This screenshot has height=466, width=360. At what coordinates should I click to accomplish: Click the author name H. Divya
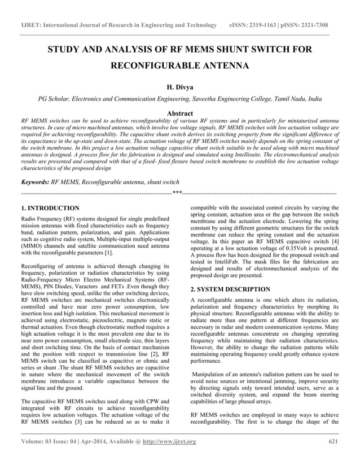coord(180,88)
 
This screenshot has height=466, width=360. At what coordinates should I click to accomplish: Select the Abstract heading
coord(180,113)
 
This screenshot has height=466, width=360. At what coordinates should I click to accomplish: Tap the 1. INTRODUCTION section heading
coord(50,208)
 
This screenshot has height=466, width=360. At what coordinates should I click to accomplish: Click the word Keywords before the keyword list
coord(34,182)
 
